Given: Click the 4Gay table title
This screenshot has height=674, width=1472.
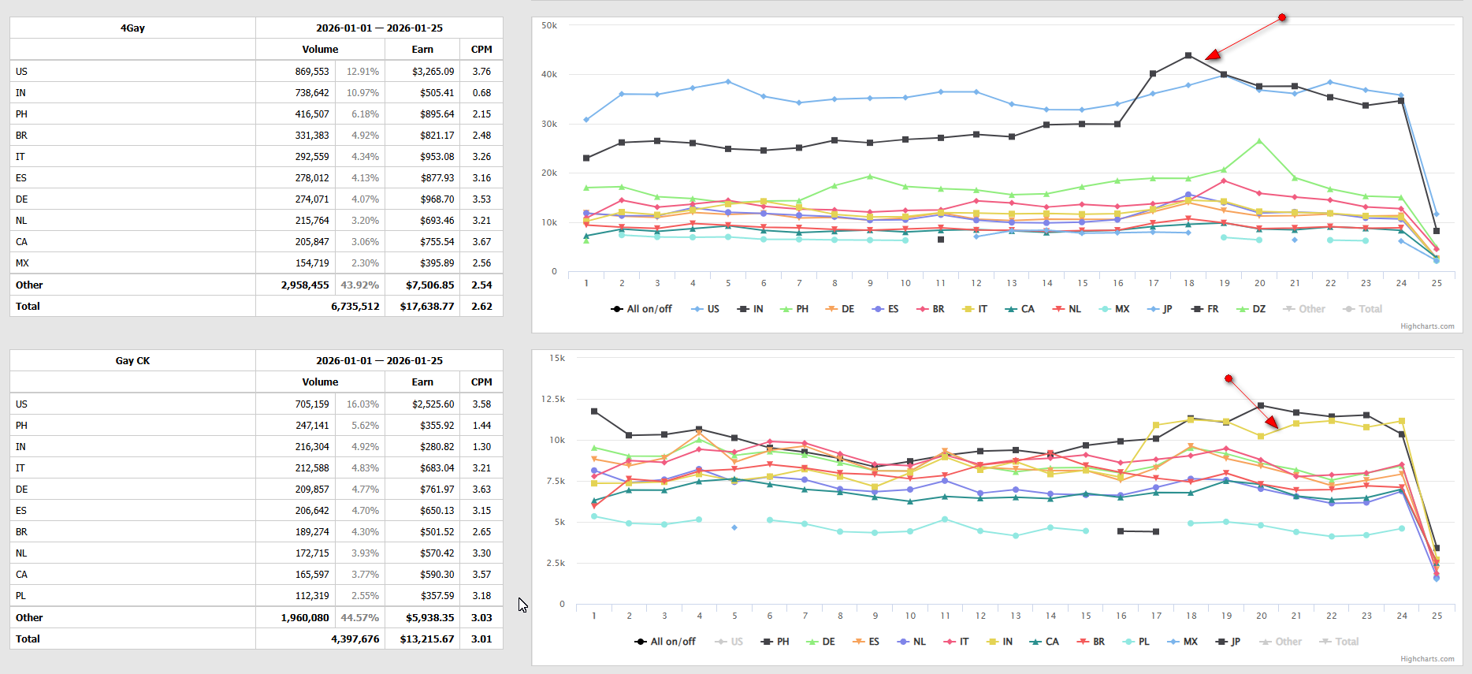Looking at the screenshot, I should [132, 28].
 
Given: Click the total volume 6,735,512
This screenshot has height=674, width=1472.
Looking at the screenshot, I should [355, 307].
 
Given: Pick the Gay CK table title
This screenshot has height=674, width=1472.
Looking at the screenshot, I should [132, 361].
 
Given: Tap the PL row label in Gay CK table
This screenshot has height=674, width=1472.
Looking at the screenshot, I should [21, 596].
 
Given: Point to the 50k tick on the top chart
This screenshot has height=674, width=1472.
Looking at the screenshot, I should [549, 26].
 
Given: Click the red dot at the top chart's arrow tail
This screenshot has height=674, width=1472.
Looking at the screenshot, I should [1282, 17].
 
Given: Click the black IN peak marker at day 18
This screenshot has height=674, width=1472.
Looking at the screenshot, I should [1188, 56].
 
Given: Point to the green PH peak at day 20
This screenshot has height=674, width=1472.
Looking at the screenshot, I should [1259, 141].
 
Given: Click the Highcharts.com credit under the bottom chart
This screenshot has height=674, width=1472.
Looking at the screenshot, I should [1427, 659].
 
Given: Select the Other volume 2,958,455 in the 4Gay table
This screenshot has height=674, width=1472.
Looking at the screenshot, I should [305, 285].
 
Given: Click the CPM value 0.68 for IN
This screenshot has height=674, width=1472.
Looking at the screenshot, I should [481, 93].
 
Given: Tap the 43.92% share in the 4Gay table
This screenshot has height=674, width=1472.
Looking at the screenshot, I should [359, 285].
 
